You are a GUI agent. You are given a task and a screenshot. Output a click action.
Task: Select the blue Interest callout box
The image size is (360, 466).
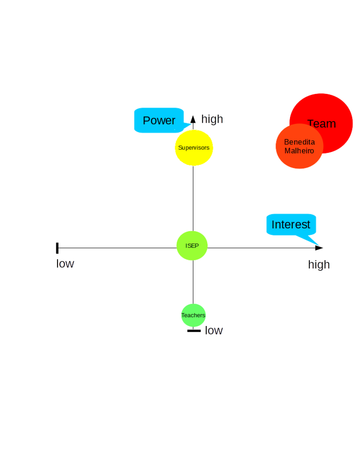291,224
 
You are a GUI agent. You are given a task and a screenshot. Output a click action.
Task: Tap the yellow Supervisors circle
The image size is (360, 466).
194,148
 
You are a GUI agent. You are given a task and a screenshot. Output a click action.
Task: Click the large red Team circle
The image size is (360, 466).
328,116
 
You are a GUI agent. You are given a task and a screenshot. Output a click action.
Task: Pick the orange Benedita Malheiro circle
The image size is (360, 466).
299,147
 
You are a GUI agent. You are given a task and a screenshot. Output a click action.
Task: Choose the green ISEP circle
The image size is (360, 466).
192,246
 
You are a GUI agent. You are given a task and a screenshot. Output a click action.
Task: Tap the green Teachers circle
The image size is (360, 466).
194,315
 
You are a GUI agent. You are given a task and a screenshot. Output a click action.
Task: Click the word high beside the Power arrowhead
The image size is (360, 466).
212,119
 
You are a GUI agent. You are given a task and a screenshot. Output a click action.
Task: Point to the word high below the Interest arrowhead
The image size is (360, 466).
319,264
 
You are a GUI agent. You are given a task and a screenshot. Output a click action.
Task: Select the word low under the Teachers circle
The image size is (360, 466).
214,330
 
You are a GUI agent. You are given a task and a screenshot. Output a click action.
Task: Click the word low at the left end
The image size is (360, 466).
65,264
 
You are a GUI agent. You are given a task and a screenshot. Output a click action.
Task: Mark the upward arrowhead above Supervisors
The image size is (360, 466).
193,119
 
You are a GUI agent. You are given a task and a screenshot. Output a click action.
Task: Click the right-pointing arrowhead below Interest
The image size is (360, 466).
319,248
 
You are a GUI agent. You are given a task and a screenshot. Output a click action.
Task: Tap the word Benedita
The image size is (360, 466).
299,142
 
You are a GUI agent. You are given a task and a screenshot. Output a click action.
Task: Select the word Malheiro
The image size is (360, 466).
299,151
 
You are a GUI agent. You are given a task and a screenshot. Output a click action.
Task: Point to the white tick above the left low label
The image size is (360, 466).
57,248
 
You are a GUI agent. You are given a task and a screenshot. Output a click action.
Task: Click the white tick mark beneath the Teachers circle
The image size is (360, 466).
194,330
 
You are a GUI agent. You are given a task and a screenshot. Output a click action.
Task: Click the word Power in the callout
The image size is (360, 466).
159,120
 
